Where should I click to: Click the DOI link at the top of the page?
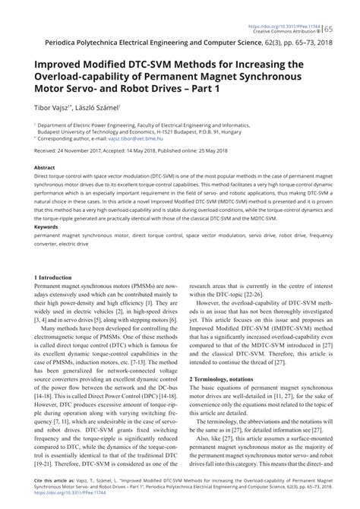297,4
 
